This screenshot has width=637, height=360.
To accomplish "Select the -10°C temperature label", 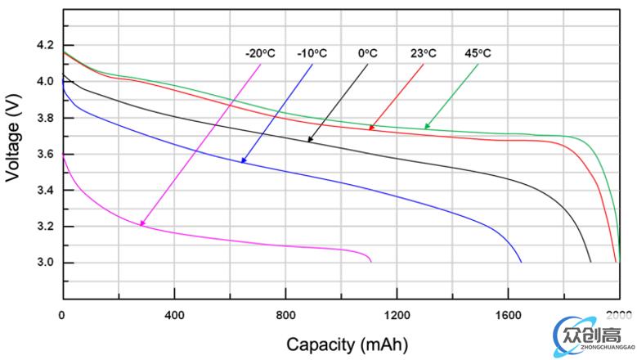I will [313, 54].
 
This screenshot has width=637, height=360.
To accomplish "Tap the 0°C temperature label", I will [367, 54].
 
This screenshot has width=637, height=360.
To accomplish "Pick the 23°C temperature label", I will [423, 54].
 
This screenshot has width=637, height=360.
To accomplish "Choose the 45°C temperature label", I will [479, 54].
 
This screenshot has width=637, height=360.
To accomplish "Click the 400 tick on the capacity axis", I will [173, 315].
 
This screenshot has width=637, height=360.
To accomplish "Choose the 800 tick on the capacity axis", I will [285, 315].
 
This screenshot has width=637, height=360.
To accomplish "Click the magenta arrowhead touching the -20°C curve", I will [142, 223].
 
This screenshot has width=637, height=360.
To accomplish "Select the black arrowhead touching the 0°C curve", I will [310, 140].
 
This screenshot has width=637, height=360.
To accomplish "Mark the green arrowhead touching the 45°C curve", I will [426, 127].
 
